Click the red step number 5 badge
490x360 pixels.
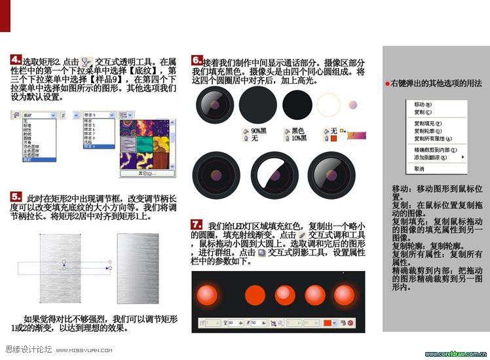tap(16, 196)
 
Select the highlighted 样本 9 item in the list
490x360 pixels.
tap(98, 147)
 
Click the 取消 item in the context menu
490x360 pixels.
tap(419, 169)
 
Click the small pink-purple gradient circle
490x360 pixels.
tap(352, 105)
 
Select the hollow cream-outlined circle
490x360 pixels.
tap(328, 105)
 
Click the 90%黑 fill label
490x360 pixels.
tap(259, 131)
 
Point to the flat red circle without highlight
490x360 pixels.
tap(254, 296)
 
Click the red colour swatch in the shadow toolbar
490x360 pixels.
tap(329, 323)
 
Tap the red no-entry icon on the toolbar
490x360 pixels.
tap(350, 323)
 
